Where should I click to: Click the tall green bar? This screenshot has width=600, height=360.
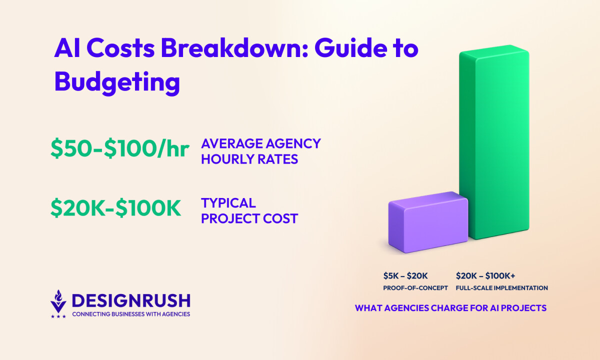point(494,142)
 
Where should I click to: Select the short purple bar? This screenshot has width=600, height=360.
point(428,222)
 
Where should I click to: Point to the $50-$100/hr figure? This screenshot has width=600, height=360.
point(120,148)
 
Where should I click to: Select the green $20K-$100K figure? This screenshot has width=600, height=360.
point(115,208)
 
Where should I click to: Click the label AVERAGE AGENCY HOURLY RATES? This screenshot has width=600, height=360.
point(261,151)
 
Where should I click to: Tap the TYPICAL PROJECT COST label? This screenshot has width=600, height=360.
point(249,210)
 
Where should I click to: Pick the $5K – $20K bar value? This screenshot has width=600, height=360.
point(405,275)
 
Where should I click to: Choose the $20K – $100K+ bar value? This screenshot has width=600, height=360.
point(485,275)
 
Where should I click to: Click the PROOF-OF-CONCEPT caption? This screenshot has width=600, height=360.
point(415,288)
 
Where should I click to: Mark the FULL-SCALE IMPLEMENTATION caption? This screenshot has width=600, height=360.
point(502,288)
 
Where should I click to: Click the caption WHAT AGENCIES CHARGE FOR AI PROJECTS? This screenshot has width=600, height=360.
point(451,308)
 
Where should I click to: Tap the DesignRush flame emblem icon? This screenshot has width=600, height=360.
point(58,301)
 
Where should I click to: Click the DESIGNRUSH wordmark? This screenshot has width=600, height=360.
point(131,300)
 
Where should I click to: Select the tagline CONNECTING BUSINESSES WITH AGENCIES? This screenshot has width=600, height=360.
point(131,314)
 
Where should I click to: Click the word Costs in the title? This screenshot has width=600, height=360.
point(121,48)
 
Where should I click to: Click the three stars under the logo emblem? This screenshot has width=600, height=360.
point(58,316)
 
